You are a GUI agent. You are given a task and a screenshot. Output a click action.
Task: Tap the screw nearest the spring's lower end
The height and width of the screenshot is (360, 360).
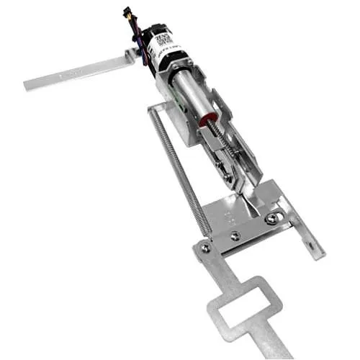[x=206, y=248]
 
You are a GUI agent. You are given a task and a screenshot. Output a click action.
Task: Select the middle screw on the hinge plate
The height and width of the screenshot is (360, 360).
[x=235, y=235]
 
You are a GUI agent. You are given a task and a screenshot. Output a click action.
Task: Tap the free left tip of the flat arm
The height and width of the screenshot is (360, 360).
[x=29, y=84]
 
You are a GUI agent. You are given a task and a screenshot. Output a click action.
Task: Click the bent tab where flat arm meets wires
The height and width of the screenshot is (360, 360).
[x=132, y=56]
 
